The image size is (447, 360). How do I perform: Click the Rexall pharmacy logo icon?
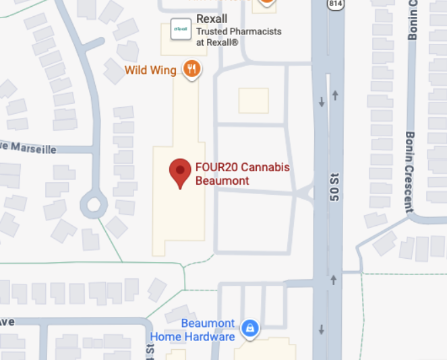pyautogui.click(x=180, y=29)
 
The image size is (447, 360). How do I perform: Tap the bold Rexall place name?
pyautogui.click(x=211, y=19)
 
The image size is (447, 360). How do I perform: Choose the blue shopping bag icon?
pyautogui.click(x=250, y=328)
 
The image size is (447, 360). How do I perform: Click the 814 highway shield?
pyautogui.click(x=335, y=4)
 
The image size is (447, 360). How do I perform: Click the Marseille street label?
pyautogui.click(x=30, y=149)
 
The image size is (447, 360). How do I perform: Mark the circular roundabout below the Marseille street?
pyautogui.click(x=93, y=204)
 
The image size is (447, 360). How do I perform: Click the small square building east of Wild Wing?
pyautogui.click(x=254, y=101)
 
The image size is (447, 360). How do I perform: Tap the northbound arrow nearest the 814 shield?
pyautogui.click(x=334, y=94)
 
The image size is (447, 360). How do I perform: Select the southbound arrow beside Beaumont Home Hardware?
pyautogui.click(x=322, y=330)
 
